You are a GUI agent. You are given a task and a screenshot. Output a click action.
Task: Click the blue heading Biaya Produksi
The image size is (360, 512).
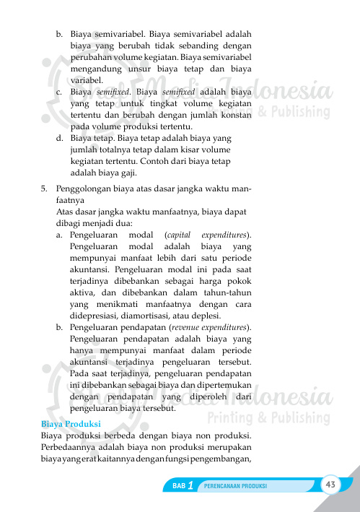point(71,423)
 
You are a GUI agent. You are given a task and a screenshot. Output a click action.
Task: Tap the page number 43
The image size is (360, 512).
point(331,483)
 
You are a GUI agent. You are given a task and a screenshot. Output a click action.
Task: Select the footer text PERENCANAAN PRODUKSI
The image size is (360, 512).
point(237,486)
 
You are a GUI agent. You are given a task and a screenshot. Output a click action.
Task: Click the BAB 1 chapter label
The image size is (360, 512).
point(183,486)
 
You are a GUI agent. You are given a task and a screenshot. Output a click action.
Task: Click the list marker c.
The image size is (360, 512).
point(58,93)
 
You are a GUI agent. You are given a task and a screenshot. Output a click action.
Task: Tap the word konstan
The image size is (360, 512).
point(234,115)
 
